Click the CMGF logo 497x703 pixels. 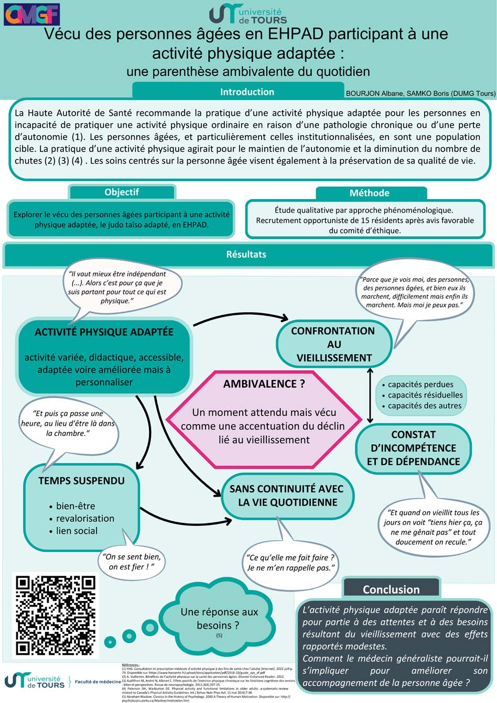[31, 15]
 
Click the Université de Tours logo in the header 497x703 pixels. [248, 14]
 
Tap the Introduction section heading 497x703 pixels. [246, 92]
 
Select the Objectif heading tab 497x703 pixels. [122, 192]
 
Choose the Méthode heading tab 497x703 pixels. [369, 193]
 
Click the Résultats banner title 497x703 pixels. [246, 255]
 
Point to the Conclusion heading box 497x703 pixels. [391, 589]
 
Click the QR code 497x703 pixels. [56, 615]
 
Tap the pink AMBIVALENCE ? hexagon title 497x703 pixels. [264, 384]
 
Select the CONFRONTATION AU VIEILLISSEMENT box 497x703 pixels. [333, 344]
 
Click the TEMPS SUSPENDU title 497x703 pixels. [81, 481]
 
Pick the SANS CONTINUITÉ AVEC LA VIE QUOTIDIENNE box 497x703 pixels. [287, 496]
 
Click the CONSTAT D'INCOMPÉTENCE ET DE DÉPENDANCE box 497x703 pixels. [413, 448]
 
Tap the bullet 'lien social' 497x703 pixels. [77, 531]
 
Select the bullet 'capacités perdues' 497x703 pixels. [420, 385]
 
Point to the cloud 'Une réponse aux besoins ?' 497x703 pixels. [219, 618]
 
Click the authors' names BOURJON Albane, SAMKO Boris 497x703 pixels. [420, 93]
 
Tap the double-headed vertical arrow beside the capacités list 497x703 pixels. [371, 395]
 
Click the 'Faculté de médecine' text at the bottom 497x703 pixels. [98, 682]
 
